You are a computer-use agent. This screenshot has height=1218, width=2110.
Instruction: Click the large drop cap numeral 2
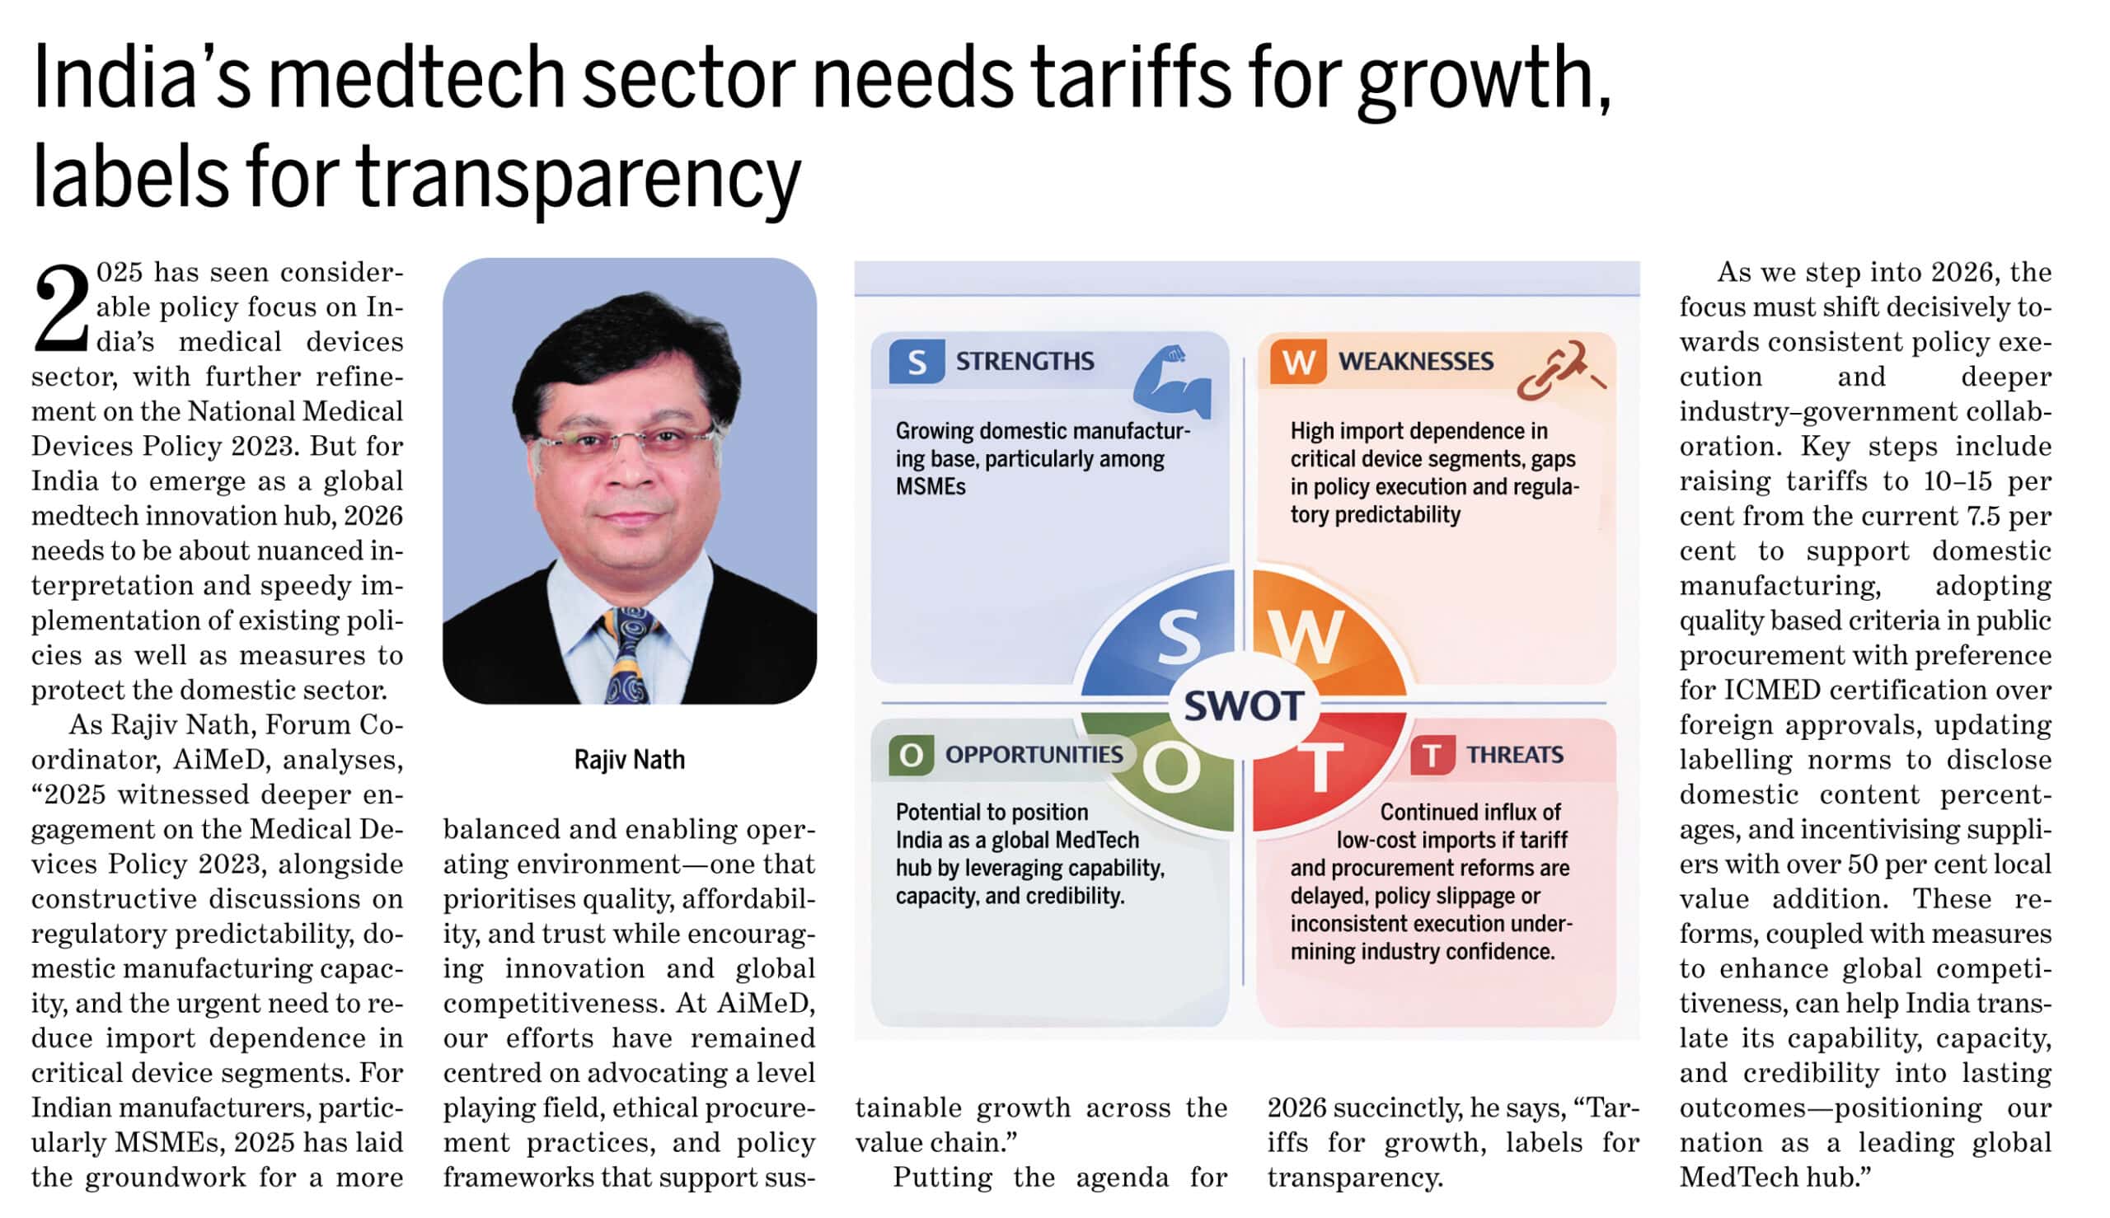pyautogui.click(x=61, y=309)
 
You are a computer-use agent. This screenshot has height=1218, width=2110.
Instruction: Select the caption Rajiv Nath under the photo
pyautogui.click(x=629, y=760)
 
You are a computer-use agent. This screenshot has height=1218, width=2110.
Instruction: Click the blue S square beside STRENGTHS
pyautogui.click(x=916, y=362)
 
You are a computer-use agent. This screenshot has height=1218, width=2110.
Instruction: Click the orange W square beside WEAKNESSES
pyautogui.click(x=1297, y=362)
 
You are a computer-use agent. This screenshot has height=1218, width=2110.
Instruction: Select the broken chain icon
pyautogui.click(x=1558, y=370)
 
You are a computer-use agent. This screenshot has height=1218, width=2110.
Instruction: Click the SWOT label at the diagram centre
pyautogui.click(x=1243, y=705)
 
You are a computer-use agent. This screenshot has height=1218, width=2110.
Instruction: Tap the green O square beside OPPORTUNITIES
pyautogui.click(x=911, y=755)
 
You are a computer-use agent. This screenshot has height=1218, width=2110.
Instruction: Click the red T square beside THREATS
pyautogui.click(x=1432, y=755)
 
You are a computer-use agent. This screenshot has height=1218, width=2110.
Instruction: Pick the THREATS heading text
pyautogui.click(x=1514, y=755)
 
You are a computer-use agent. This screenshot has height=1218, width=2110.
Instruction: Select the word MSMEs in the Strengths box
pyautogui.click(x=931, y=487)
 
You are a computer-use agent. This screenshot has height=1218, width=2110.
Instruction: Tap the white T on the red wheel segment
pyautogui.click(x=1320, y=766)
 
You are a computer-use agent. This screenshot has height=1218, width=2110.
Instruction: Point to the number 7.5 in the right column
pyautogui.click(x=1984, y=516)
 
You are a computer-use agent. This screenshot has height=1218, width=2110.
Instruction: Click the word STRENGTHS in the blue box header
pyautogui.click(x=1025, y=362)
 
